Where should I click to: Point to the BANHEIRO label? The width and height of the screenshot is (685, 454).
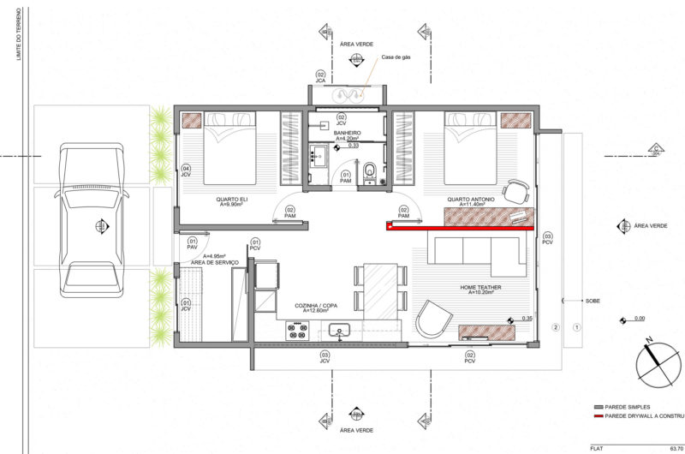(x=347, y=134)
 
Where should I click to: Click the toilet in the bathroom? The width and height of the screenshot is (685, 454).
(x=369, y=171)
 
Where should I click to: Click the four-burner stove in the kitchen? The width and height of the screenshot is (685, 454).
(x=297, y=330)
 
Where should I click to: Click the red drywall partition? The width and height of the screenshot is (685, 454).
(x=460, y=228)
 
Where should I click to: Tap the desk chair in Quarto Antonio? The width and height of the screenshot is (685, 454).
(x=519, y=190)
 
